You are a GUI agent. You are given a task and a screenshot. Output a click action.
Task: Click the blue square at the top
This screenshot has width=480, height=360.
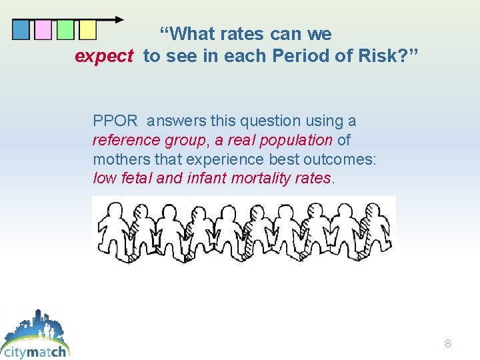pyautogui.click(x=21, y=30)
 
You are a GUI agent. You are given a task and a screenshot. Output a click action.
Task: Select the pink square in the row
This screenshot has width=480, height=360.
pyautogui.click(x=43, y=30)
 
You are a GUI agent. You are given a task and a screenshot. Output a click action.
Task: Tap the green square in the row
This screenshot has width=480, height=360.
pyautogui.click(x=65, y=30)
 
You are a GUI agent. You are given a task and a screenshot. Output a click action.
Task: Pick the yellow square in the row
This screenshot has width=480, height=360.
pyautogui.click(x=87, y=30)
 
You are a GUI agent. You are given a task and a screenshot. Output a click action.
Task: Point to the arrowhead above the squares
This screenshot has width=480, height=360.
pyautogui.click(x=119, y=19)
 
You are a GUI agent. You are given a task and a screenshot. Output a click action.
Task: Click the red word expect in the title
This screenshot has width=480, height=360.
pyautogui.click(x=104, y=56)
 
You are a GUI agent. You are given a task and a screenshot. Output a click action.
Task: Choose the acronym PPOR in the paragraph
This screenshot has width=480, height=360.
pyautogui.click(x=115, y=121)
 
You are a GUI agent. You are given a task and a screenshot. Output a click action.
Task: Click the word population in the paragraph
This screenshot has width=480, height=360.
pyautogui.click(x=299, y=140)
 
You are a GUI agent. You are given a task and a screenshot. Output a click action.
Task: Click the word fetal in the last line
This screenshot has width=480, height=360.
pyautogui.click(x=132, y=178)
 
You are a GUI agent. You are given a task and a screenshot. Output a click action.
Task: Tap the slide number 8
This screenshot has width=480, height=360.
pyautogui.click(x=448, y=344)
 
